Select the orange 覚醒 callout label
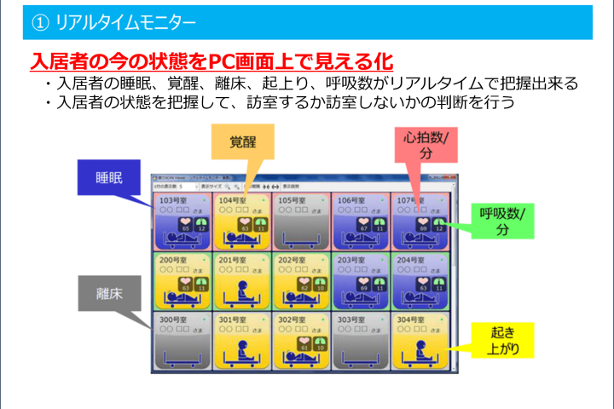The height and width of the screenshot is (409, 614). point(243,141)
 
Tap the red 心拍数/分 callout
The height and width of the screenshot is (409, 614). point(426,145)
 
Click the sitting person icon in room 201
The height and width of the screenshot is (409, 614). point(243,290)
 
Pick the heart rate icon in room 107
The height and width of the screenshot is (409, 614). point(425,223)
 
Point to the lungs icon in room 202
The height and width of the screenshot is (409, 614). point(321,284)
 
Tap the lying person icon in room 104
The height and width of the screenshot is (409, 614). point(243,241)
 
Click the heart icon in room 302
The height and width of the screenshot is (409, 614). point(304,343)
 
